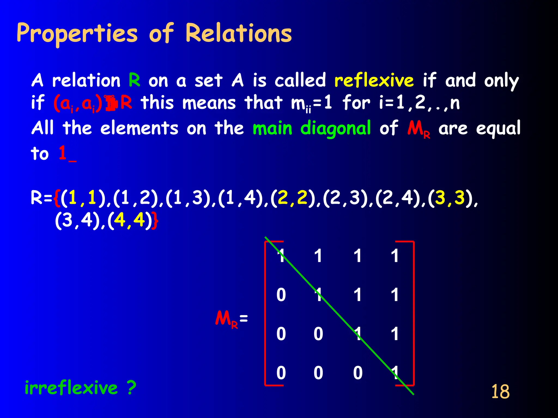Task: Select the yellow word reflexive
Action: pyautogui.click(x=374, y=81)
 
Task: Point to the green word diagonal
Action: pyautogui.click(x=335, y=128)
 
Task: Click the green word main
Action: pyautogui.click(x=272, y=128)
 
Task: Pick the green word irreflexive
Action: pyautogui.click(x=71, y=388)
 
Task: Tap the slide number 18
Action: pyautogui.click(x=500, y=392)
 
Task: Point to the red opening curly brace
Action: pyautogui.click(x=57, y=198)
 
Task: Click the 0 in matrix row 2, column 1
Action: pyautogui.click(x=281, y=295)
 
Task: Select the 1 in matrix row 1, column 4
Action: pyautogui.click(x=395, y=256)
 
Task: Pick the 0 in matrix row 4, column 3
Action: pyautogui.click(x=358, y=373)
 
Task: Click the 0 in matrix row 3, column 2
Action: pyautogui.click(x=318, y=334)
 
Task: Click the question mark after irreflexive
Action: pyautogui.click(x=132, y=388)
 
